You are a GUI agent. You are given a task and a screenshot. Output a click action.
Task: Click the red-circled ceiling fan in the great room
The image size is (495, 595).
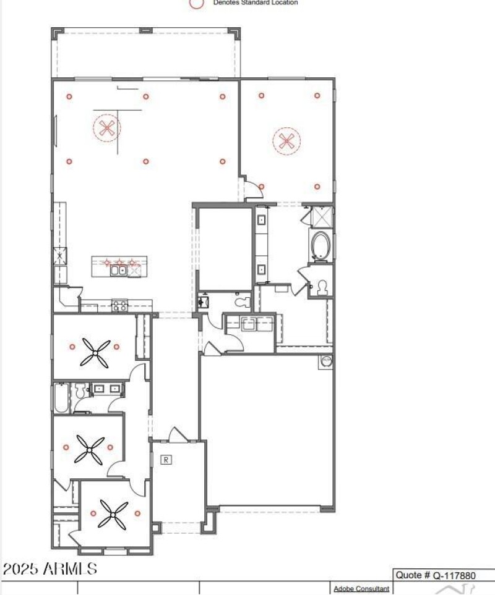pos(107,129)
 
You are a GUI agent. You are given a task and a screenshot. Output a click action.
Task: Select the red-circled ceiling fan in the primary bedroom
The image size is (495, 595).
pos(286,141)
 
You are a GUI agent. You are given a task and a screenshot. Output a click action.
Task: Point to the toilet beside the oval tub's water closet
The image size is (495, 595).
pos(321,287)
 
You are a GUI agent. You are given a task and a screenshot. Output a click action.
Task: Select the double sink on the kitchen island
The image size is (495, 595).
pos(118,269)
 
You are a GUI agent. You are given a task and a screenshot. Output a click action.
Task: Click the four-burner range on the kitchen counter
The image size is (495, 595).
pos(119,305)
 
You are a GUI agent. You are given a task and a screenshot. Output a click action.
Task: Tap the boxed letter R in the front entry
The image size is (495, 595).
pos(166,459)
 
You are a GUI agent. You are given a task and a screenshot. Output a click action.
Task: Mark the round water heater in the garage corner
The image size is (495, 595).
pos(325,361)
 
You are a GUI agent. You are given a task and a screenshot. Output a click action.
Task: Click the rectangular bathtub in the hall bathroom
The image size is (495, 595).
pos(60,398)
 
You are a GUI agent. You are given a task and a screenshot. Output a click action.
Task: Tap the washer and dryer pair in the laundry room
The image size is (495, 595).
pos(249,324)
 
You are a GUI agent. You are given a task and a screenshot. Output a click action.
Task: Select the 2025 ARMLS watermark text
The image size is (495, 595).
pos(49,568)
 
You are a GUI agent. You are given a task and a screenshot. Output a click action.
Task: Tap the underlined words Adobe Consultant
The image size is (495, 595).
pos(361,589)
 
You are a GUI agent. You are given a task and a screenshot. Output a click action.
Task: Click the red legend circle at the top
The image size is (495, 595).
pos(197,3)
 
